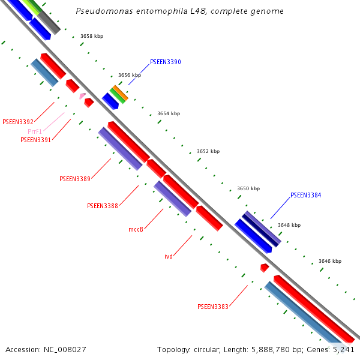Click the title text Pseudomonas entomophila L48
[x=180, y=11]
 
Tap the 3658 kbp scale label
[x=92, y=37]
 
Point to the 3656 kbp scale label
[x=130, y=76]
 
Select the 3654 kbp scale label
[x=169, y=113]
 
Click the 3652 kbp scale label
[x=208, y=151]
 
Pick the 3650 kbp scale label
[x=248, y=188]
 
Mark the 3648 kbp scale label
[x=289, y=226]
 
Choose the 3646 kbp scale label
[x=330, y=261]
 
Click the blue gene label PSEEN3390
[x=165, y=62]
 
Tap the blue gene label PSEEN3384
[x=305, y=196]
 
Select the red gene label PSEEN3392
[x=18, y=122]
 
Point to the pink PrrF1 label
[x=35, y=131]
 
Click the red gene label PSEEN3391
[x=35, y=140]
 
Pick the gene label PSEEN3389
[x=75, y=179]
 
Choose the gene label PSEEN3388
[x=103, y=206]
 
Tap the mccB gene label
[x=136, y=229]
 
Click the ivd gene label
[x=169, y=256]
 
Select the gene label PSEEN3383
[x=213, y=307]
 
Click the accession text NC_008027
[x=46, y=349]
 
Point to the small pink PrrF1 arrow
[x=82, y=95]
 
